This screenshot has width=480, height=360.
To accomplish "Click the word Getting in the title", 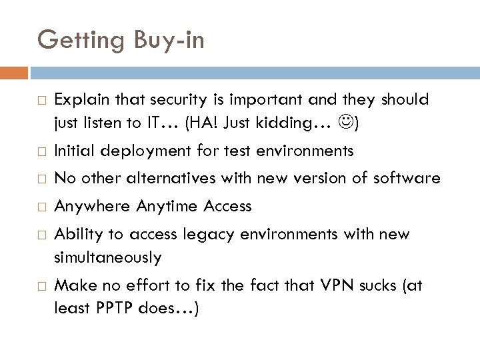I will (78, 41).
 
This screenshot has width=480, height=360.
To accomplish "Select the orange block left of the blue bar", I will (14, 69).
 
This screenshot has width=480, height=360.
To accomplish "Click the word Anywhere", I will (93, 207).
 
